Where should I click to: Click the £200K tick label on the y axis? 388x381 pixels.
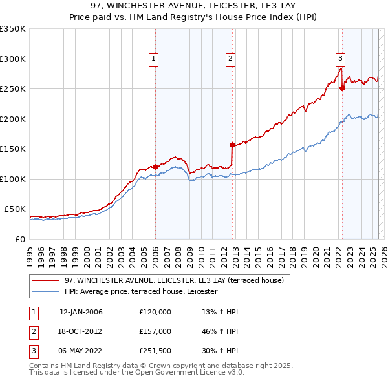[12, 119]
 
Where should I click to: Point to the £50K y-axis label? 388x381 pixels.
[14, 209]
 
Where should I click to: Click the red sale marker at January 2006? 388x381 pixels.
[155, 167]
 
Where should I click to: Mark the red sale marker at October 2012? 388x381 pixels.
[232, 145]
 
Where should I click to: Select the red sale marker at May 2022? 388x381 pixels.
[341, 88]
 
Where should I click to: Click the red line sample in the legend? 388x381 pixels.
[45, 280]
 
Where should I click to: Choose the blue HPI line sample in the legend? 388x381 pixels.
[45, 292]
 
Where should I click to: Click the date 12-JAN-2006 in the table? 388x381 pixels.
[81, 312]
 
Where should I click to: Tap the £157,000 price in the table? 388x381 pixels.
[155, 331]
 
